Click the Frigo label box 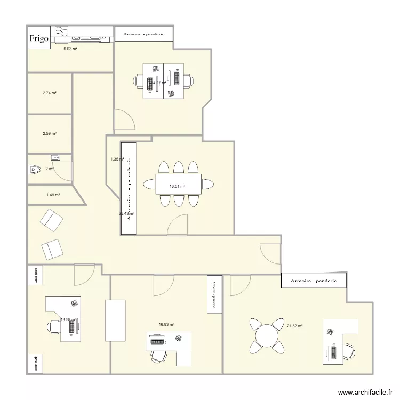tap(39, 38)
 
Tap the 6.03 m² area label tap(70, 49)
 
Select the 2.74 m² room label tap(50, 93)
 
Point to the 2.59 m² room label tap(50, 134)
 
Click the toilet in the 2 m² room tap(34, 170)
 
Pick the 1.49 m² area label tap(53, 195)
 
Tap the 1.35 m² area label tap(117, 159)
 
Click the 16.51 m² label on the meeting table tap(178, 186)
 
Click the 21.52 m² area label tap(295, 326)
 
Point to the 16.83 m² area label tap(166, 324)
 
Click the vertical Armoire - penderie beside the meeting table tap(129, 189)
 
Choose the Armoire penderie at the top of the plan tap(143, 34)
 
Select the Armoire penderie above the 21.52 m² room tap(313, 281)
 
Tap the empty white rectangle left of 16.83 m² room tap(115, 320)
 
